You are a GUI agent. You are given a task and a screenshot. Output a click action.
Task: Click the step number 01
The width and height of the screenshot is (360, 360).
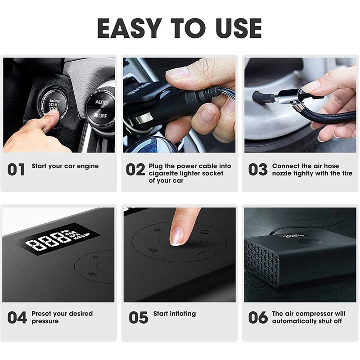coord(16,170)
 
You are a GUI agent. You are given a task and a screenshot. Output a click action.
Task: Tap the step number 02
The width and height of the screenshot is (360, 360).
coord(135,170)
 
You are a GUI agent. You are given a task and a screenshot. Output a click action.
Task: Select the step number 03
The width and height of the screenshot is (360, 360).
coord(258,170)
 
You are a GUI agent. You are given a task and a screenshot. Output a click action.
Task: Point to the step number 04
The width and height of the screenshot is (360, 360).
coord(17,317)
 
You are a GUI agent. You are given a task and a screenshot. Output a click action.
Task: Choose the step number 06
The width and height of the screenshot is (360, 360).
coord(258,317)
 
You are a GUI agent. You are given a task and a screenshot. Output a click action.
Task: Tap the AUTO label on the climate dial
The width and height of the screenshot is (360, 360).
coord(101,102)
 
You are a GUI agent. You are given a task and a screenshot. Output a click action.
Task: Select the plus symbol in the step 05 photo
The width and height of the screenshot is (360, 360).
coord(157,230)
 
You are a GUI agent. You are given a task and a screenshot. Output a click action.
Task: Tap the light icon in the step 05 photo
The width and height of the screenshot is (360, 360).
coord(152,250)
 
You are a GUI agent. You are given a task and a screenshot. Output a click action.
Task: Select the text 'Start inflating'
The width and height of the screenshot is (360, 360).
coord(175,314)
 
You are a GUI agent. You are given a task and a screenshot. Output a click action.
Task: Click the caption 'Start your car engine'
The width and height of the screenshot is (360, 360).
coord(65,166)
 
